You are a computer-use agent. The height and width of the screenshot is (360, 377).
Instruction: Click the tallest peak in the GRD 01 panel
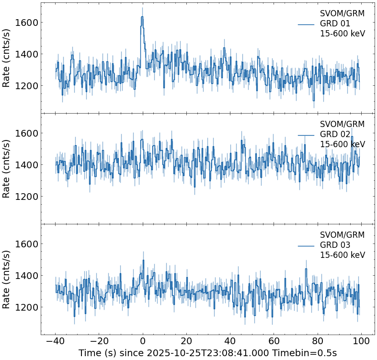[142, 17]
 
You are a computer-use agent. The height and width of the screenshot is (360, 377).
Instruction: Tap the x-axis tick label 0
[143, 341]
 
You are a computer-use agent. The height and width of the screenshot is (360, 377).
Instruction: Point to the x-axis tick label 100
[361, 341]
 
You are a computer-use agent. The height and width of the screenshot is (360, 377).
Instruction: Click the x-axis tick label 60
[274, 341]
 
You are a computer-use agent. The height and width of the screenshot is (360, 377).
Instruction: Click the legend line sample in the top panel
[306, 24]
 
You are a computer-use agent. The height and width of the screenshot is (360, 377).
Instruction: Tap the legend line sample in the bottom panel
[306, 245]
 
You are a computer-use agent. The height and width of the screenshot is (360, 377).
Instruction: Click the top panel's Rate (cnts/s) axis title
[7, 58]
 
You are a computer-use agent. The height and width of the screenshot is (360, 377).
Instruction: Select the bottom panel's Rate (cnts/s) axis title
[7, 279]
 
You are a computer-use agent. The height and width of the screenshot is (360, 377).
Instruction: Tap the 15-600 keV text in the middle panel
[343, 144]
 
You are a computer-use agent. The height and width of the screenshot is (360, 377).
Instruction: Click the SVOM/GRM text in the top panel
[342, 13]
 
